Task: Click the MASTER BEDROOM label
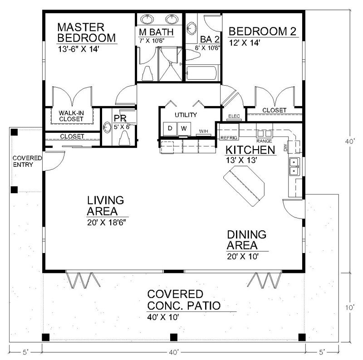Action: [x=86, y=32]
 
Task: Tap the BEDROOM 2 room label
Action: [x=262, y=32]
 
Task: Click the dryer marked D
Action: [x=170, y=128]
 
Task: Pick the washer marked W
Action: [x=184, y=128]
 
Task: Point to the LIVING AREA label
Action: [x=106, y=205]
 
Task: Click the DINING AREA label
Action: [x=246, y=240]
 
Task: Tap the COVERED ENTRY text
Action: [x=27, y=161]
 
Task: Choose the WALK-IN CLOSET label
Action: [x=71, y=115]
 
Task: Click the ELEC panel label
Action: [x=234, y=116]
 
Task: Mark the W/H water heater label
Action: [x=203, y=131]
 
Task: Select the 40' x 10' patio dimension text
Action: [x=163, y=317]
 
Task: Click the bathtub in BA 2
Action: [x=203, y=73]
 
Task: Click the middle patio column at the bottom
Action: [x=173, y=337]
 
